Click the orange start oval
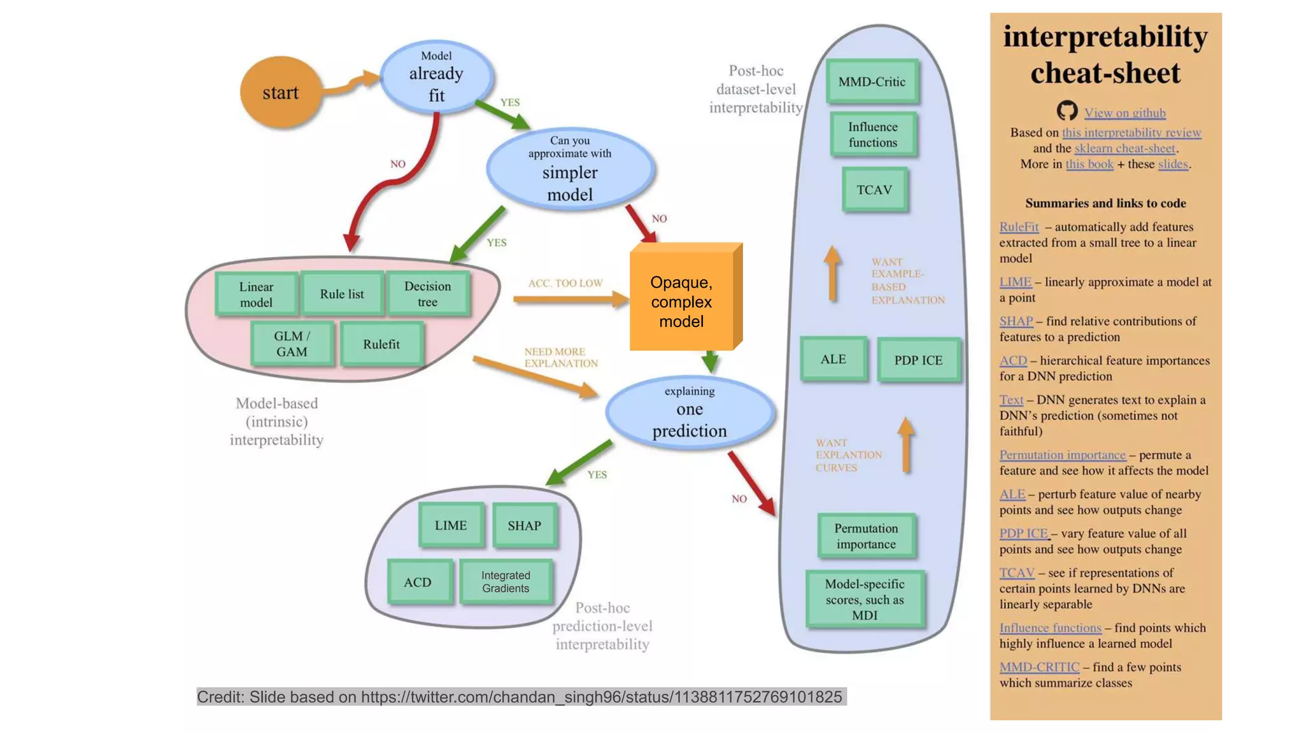click(280, 92)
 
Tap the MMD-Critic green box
click(872, 81)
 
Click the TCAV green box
click(874, 190)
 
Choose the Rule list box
click(342, 294)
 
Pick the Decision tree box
click(427, 294)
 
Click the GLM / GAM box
click(292, 344)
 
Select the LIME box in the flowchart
click(451, 526)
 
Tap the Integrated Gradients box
click(506, 582)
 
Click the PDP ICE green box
click(918, 360)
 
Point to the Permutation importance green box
click(866, 536)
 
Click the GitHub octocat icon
click(1067, 111)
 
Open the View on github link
click(1125, 113)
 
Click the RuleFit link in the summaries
click(1019, 227)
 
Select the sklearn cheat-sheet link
click(1124, 148)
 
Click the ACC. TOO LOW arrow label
click(565, 283)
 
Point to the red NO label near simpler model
click(659, 219)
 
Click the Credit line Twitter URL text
click(601, 697)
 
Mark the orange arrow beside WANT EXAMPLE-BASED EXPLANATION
click(832, 274)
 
